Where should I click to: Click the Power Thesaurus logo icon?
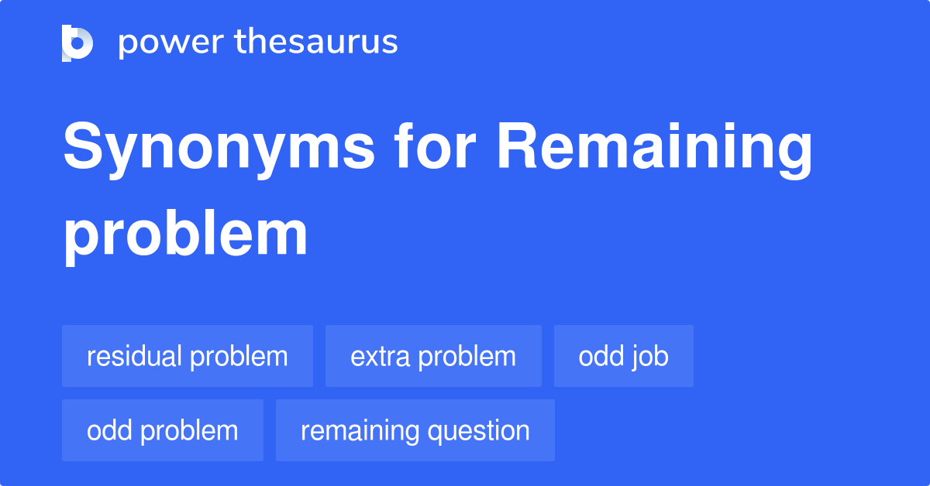click(77, 43)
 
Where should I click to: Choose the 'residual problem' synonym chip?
click(188, 356)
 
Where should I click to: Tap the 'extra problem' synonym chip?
click(433, 356)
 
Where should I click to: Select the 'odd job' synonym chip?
click(624, 356)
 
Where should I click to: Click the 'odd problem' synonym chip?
click(163, 430)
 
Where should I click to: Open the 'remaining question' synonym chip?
click(415, 430)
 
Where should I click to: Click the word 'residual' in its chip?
click(135, 356)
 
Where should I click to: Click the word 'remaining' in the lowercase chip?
click(356, 430)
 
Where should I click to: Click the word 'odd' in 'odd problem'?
click(108, 430)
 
